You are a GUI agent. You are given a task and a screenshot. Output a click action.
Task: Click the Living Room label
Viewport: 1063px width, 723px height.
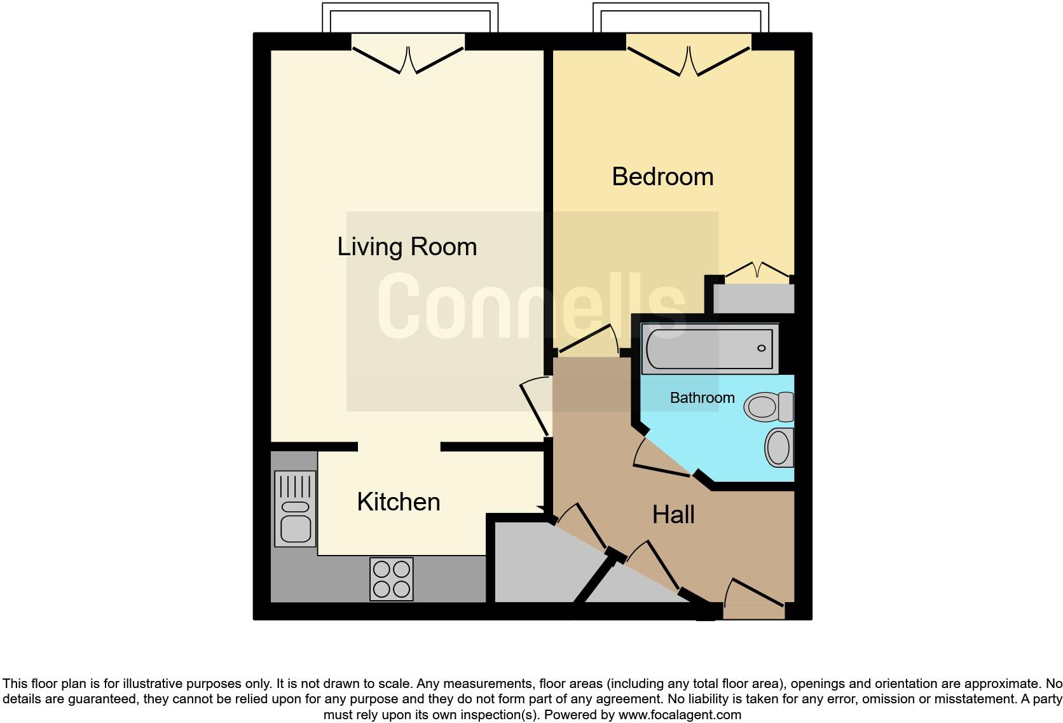pos(407,247)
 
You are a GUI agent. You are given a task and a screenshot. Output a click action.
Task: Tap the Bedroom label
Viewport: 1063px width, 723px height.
pos(662,177)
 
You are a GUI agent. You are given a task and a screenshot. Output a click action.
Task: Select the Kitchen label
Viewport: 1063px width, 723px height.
pos(398,502)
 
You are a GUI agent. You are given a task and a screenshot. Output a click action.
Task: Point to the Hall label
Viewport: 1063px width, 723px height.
pos(673,515)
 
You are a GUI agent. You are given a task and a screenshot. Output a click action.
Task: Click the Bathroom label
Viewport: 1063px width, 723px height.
pos(702,398)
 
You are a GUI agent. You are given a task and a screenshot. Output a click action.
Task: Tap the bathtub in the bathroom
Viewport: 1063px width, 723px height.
pos(709,348)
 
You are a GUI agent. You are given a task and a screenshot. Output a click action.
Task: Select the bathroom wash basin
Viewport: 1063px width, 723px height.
pos(779,447)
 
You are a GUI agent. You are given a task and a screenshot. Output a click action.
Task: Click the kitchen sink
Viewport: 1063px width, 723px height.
pos(295,509)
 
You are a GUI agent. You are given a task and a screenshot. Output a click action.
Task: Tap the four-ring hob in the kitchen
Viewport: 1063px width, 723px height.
pos(392,579)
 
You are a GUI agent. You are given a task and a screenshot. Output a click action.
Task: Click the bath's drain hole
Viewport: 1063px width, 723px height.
pos(761,348)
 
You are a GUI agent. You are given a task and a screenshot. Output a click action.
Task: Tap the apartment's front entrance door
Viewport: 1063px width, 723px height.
pos(754,594)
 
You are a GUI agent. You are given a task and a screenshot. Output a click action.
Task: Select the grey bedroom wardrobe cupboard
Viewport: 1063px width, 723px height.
pos(753,298)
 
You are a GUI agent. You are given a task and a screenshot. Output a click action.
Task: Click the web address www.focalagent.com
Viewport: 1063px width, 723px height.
pos(680,715)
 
